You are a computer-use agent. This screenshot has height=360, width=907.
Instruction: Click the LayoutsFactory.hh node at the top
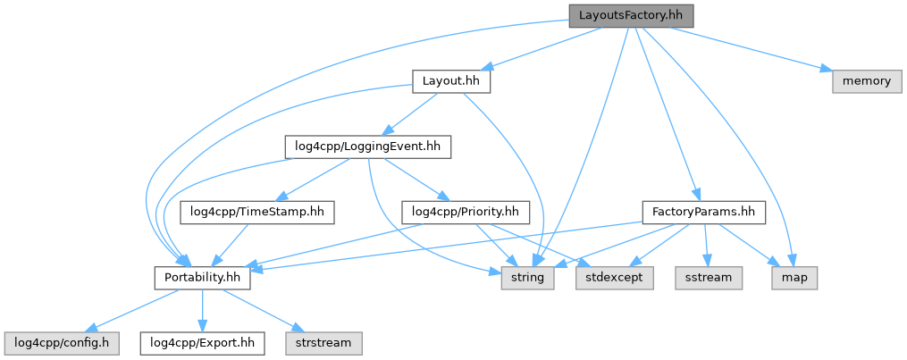[631, 16]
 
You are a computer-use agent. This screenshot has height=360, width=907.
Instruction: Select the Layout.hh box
[451, 81]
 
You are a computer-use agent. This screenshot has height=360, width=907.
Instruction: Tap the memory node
[866, 81]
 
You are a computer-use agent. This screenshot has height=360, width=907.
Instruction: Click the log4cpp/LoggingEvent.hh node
[367, 146]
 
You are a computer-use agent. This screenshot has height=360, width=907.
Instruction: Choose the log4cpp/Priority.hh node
[466, 212]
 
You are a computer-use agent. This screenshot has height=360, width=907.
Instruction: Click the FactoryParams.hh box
[704, 212]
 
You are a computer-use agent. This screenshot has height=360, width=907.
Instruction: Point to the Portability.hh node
[203, 278]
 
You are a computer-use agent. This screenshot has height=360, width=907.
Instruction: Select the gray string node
[527, 278]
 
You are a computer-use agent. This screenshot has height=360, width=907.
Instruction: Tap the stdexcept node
[614, 278]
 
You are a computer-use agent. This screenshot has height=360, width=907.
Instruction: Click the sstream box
[709, 278]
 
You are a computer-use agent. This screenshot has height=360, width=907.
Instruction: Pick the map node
[794, 278]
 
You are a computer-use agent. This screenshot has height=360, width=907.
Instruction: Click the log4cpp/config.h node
[55, 342]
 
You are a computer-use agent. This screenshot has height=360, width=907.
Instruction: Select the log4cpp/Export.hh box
[203, 342]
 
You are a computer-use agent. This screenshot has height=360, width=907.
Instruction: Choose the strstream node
[323, 342]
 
